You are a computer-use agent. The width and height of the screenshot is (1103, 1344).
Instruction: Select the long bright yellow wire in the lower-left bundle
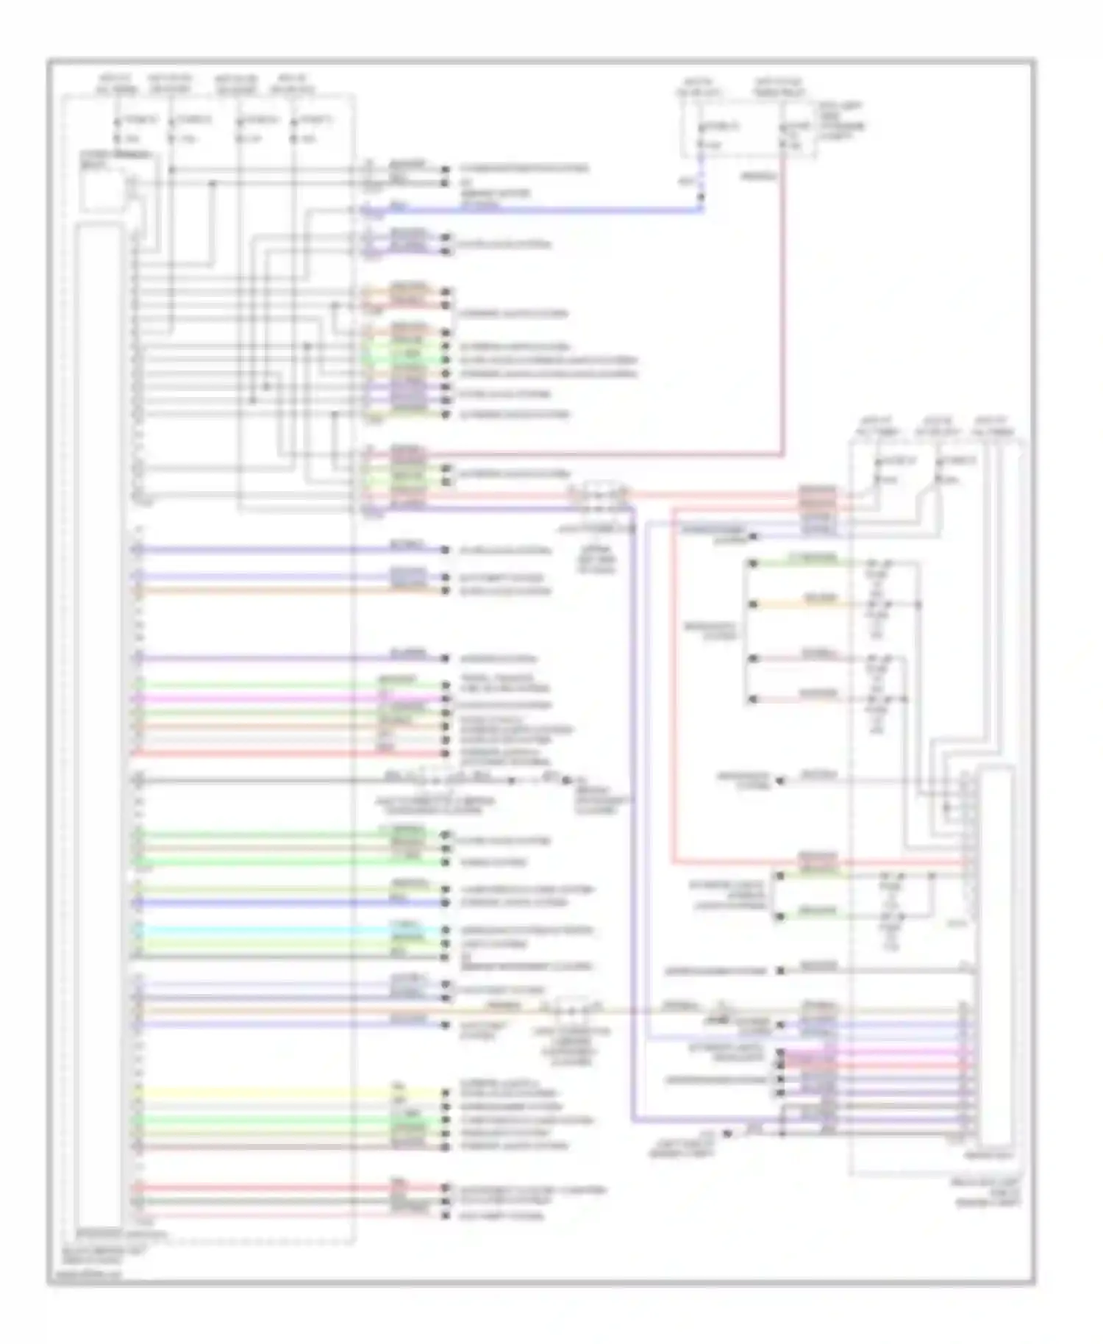click(265, 1093)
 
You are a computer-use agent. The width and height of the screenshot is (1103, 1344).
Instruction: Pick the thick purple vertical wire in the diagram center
click(632, 809)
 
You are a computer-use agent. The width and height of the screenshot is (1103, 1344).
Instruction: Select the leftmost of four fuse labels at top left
click(116, 85)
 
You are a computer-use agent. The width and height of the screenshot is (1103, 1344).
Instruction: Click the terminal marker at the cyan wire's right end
click(446, 930)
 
